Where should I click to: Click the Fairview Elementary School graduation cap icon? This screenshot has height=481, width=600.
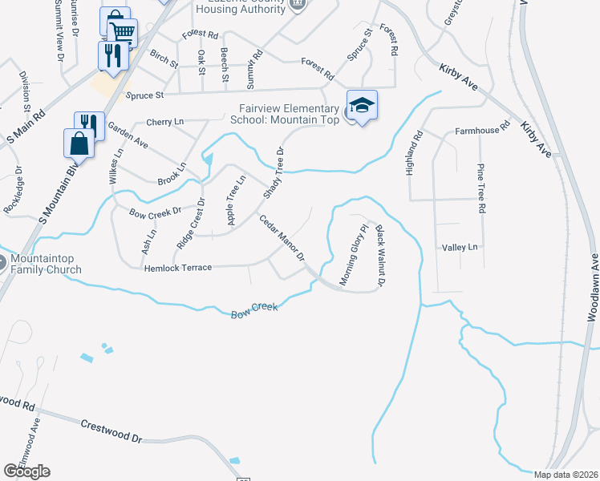tap(362, 105)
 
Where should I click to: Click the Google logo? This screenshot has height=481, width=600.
tap(26, 471)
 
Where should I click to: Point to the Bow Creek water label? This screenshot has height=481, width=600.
tap(254, 308)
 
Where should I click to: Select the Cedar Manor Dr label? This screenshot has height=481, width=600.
tap(282, 237)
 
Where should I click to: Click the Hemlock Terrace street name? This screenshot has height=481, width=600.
tap(177, 268)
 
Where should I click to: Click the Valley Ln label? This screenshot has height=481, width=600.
tap(460, 248)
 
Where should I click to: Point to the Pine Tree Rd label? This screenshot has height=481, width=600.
tap(481, 188)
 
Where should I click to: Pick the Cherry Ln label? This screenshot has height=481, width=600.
tap(164, 122)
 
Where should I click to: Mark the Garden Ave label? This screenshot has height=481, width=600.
tap(128, 136)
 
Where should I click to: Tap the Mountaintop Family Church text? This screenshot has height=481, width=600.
tap(47, 265)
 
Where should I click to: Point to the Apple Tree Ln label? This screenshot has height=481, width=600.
tap(235, 200)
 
